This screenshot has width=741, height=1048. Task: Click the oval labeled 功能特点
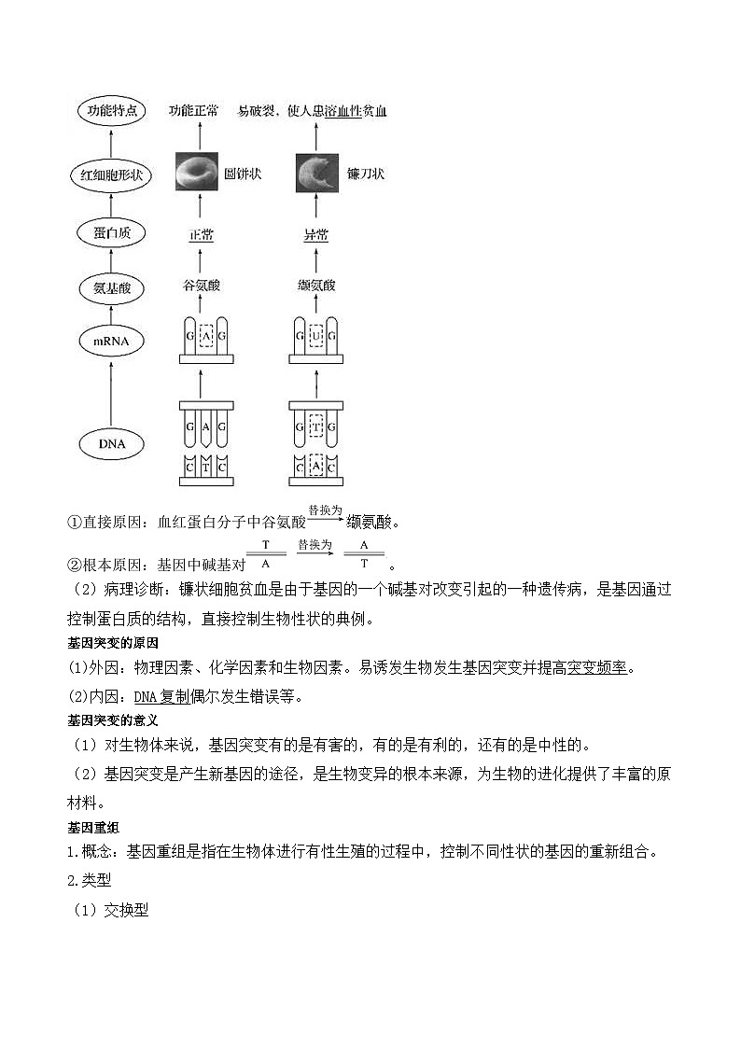pos(112,112)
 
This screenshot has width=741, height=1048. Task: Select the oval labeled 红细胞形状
pos(112,175)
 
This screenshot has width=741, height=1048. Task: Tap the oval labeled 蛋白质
pos(112,233)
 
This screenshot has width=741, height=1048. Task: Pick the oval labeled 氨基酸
pos(112,288)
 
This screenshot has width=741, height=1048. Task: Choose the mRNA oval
pos(112,342)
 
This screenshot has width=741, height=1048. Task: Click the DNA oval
pos(112,444)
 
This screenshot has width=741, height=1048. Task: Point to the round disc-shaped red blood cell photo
pos(196,173)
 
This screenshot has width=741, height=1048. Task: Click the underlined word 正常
pos(202,235)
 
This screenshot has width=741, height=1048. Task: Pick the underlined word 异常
pos(316,235)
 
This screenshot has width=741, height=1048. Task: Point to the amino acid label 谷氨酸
pos(202,286)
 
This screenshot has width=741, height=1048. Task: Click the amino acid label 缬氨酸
pos(316,286)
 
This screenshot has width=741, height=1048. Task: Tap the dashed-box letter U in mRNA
pos(316,334)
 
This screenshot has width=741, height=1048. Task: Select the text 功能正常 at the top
pos(193,111)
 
